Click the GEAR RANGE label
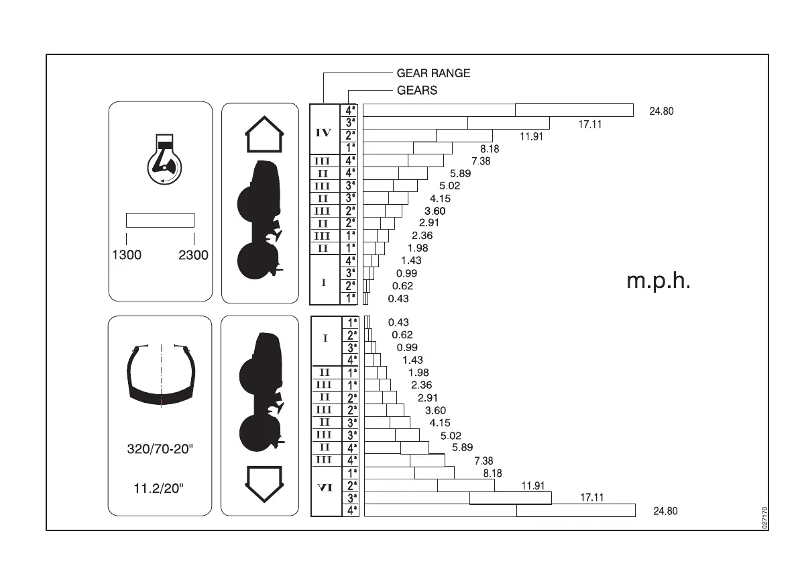pyautogui.click(x=433, y=73)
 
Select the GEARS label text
pyautogui.click(x=416, y=91)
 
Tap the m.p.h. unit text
pyautogui.click(x=658, y=281)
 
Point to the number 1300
pyautogui.click(x=126, y=256)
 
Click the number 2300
pyautogui.click(x=193, y=256)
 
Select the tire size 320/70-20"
pyautogui.click(x=160, y=449)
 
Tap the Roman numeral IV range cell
pyautogui.click(x=323, y=133)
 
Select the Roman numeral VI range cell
pyautogui.click(x=325, y=488)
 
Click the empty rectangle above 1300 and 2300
pyautogui.click(x=160, y=220)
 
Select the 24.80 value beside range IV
pyautogui.click(x=661, y=111)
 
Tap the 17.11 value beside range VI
pyautogui.click(x=591, y=498)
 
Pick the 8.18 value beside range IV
pyautogui.click(x=489, y=149)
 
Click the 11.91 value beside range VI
pyautogui.click(x=532, y=485)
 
